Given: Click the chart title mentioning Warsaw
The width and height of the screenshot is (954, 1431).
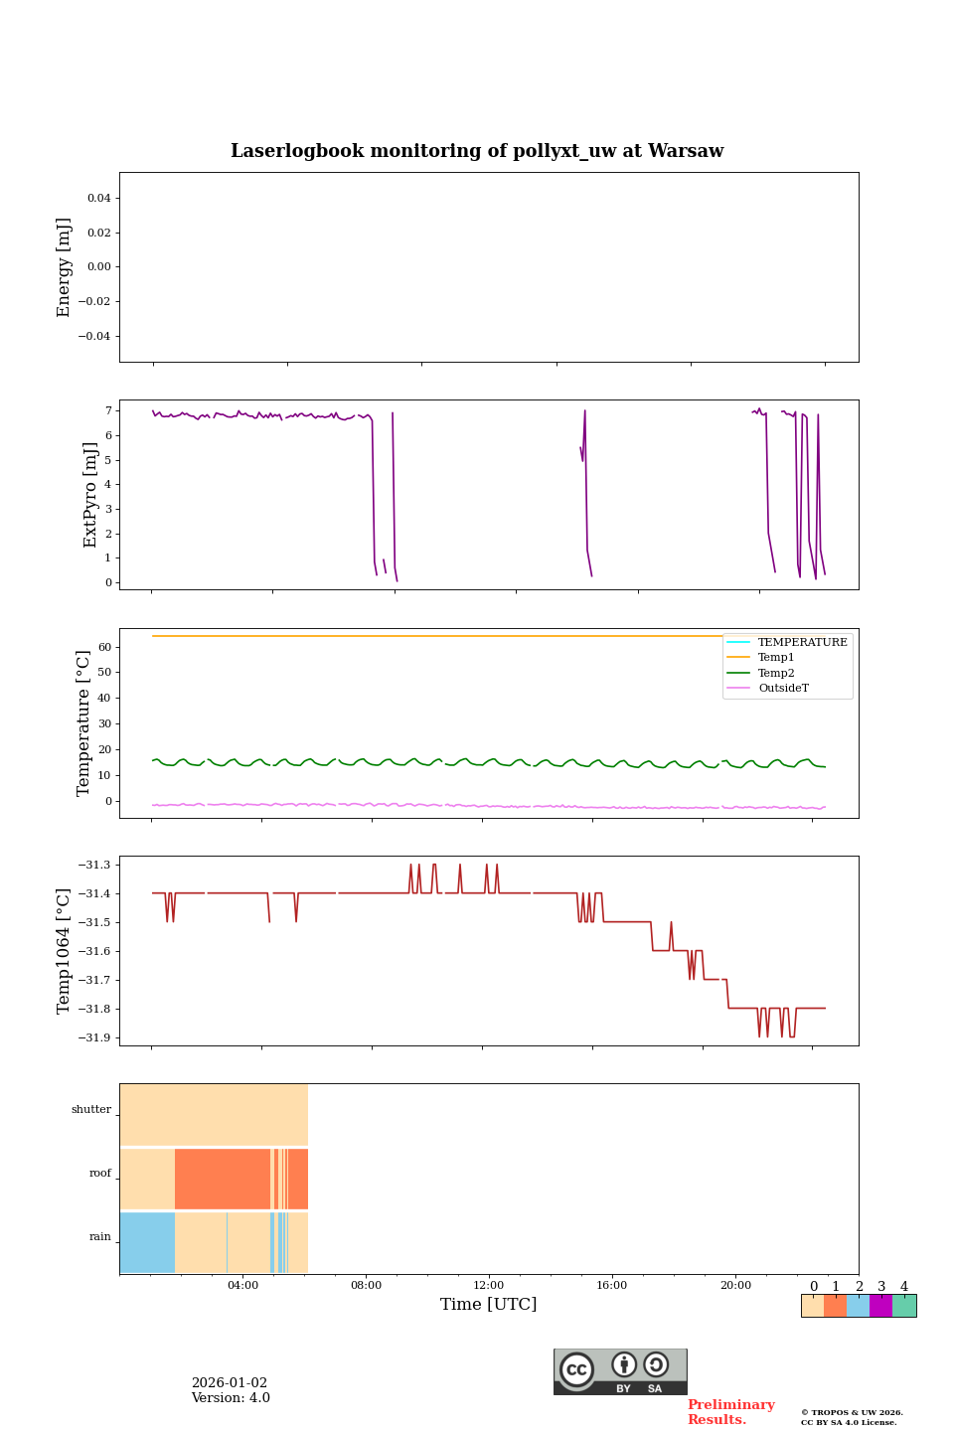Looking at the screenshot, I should coord(477,151).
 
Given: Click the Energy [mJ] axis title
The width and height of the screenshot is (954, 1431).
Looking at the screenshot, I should coord(65,267).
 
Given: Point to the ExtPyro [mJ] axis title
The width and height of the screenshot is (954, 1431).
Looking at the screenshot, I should coord(90,495).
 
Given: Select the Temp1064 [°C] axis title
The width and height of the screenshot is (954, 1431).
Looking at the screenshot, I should coord(65,951).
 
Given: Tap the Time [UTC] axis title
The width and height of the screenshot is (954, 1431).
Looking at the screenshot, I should coord(488,1304).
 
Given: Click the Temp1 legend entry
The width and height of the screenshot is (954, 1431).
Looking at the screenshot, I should coord(776,658).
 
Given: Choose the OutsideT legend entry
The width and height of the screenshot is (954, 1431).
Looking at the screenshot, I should coord(783,688).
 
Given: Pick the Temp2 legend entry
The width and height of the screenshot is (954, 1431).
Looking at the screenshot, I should coord(776,673).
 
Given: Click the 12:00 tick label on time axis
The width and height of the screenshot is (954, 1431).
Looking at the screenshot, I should coord(488,1285).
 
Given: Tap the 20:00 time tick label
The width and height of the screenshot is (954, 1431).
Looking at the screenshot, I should coord(735,1285).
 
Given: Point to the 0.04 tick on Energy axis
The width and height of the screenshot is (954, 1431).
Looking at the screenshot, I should coord(98,199).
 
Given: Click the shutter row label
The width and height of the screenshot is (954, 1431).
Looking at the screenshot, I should coord(91,1110).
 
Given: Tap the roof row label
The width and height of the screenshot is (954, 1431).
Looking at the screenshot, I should coord(100,1174).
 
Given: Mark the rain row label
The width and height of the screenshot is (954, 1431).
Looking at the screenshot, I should coord(100,1237).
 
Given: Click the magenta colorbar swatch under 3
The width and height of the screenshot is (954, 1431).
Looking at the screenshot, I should coord(880,1306).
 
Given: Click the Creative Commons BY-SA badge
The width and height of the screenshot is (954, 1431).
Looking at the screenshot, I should coord(620,1371).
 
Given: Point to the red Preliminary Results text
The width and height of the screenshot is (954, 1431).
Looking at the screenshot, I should coord(730,1412).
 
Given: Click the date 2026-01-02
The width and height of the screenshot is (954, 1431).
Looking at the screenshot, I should coord(230,1383).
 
